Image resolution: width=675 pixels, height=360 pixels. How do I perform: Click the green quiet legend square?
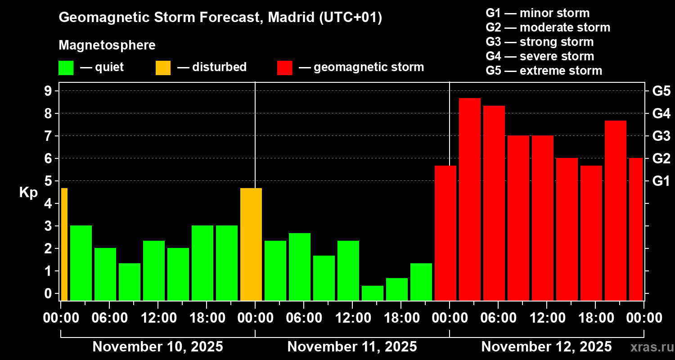tap(66, 67)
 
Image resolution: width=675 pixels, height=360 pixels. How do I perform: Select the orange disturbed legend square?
tap(163, 67)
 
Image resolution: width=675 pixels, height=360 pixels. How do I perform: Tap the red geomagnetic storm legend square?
tap(285, 67)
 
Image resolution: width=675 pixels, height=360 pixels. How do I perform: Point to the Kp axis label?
tap(28, 193)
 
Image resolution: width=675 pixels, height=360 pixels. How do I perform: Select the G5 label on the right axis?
tap(661, 91)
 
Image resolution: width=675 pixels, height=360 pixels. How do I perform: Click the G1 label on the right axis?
tap(661, 181)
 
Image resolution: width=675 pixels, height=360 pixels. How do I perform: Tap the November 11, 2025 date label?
tap(352, 347)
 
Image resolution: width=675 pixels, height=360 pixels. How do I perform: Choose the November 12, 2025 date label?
tap(546, 347)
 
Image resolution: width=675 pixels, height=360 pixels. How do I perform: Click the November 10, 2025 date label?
tap(157, 347)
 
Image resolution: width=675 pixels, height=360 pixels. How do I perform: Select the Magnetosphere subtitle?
tap(107, 45)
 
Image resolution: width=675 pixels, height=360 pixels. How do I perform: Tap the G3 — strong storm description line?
tap(540, 42)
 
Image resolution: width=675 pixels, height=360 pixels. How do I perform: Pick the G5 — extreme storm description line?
tap(544, 71)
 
